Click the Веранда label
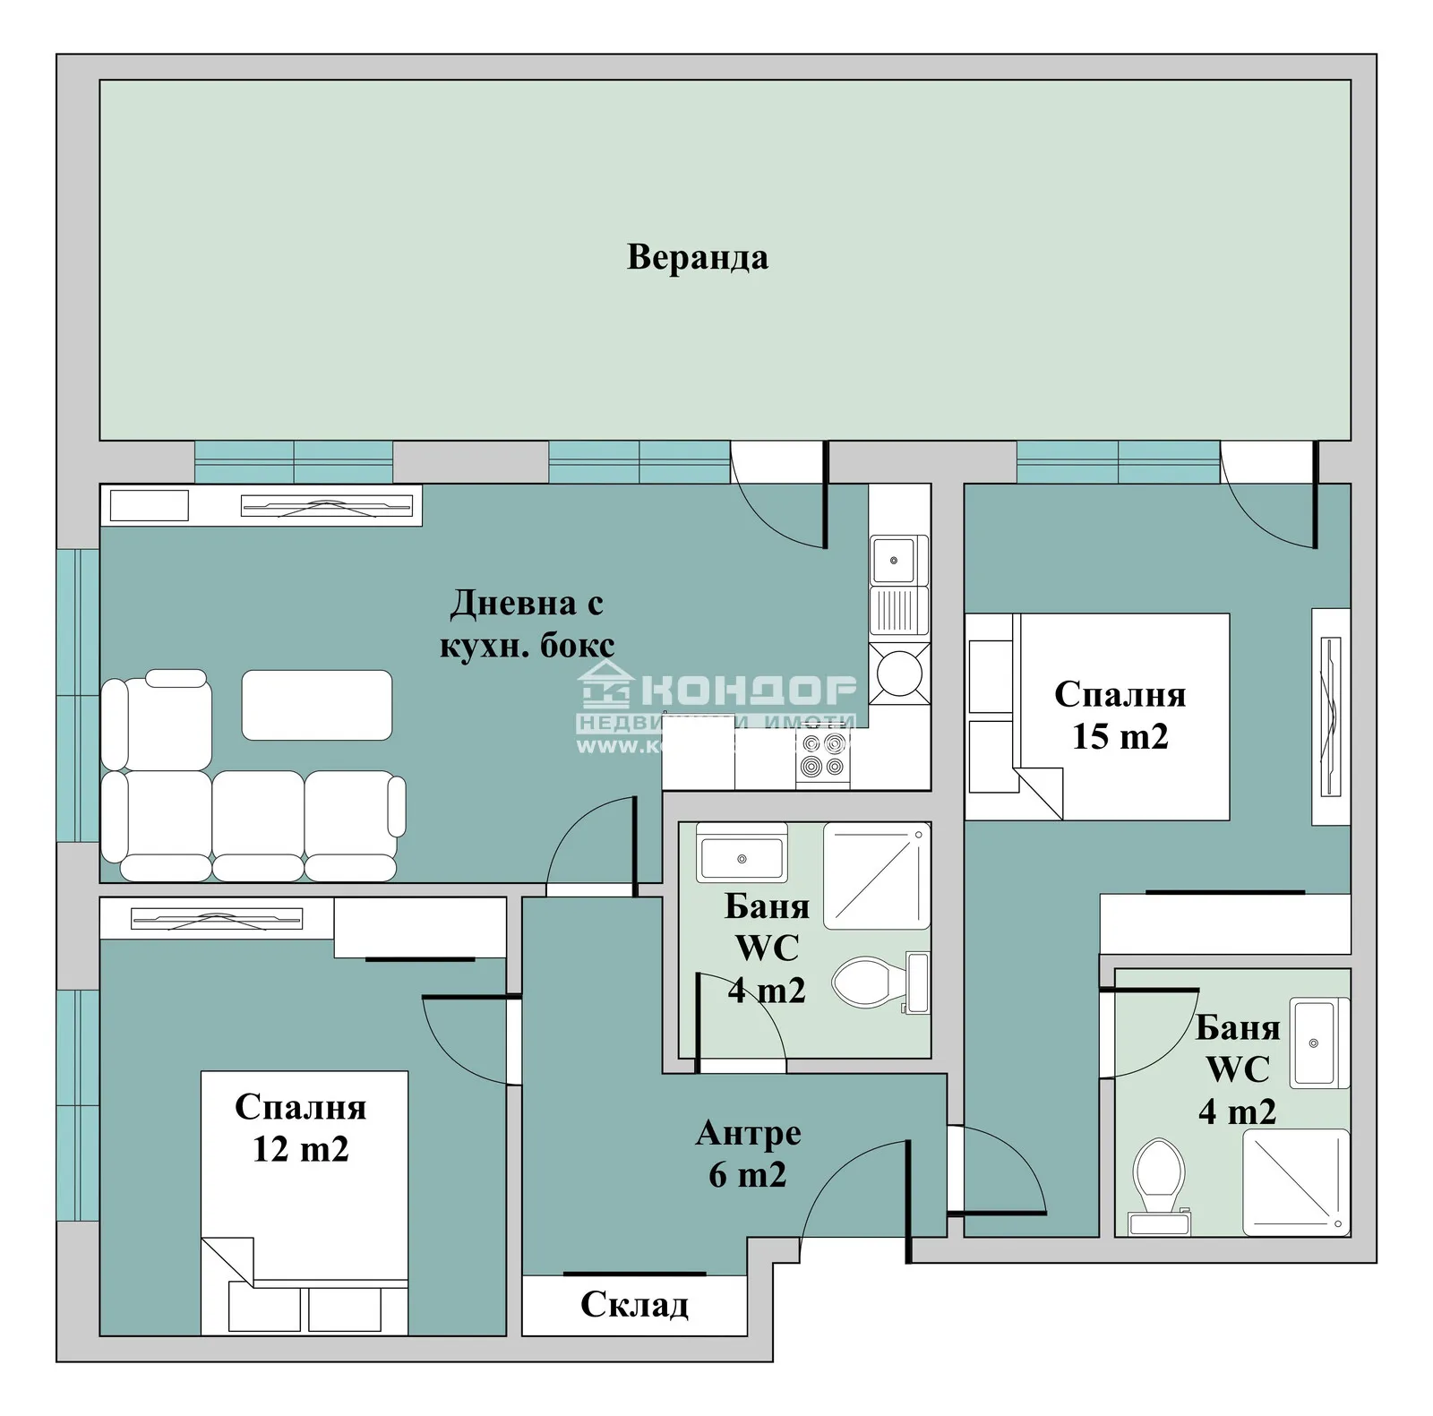[x=697, y=257]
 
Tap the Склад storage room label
[x=634, y=1305]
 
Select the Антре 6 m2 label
[x=748, y=1154]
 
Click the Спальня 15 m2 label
[x=1120, y=715]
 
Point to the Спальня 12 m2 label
[x=300, y=1128]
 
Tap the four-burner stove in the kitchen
[x=823, y=754]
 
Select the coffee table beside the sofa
[x=316, y=705]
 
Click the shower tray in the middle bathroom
[x=877, y=876]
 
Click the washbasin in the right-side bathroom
[x=1314, y=1043]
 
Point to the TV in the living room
[x=326, y=507]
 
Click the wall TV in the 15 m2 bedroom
[x=1331, y=717]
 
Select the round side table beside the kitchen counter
[x=899, y=673]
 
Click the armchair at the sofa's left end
[x=159, y=721]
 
